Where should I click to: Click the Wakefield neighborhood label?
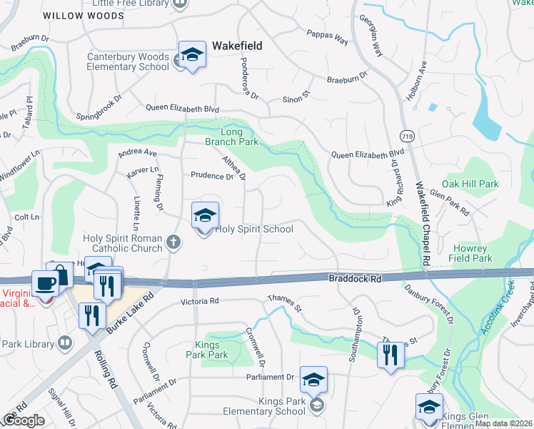pyautogui.click(x=236, y=46)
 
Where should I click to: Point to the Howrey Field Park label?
pyautogui.click(x=473, y=253)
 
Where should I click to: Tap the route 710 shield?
pyautogui.click(x=407, y=135)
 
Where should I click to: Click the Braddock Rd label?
pyautogui.click(x=352, y=277)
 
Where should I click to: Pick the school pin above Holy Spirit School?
pyautogui.click(x=205, y=215)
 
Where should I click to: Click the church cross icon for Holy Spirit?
pyautogui.click(x=173, y=242)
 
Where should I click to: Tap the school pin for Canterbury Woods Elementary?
pyautogui.click(x=192, y=55)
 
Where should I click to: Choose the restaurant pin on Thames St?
pyautogui.click(x=390, y=355)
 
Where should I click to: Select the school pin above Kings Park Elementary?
pyautogui.click(x=313, y=380)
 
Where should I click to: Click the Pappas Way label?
pyautogui.click(x=327, y=36)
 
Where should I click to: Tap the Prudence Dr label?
pyautogui.click(x=212, y=175)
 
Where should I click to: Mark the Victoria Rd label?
pyautogui.click(x=198, y=302)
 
